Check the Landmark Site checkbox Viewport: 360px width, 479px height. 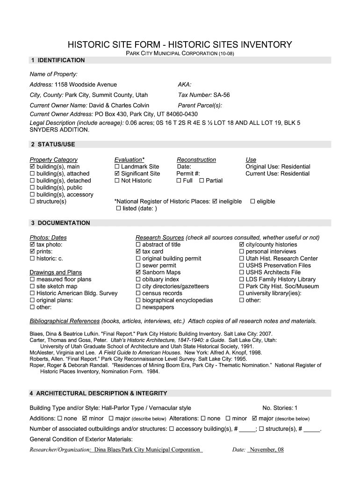(117, 167)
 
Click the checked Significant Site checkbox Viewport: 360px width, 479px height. (117, 174)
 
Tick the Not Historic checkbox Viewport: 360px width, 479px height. (117, 181)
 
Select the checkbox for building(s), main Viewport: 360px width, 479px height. (32, 167)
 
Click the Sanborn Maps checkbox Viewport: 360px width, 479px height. (138, 272)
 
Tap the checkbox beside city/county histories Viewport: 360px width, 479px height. (242, 244)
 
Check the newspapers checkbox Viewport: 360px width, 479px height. (138, 307)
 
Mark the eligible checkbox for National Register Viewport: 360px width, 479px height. (252, 201)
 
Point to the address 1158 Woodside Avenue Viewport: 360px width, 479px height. (86, 85)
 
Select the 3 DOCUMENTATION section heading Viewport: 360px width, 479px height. (60, 223)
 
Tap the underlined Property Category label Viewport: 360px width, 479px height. (53, 160)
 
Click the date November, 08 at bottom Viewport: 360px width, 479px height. (266, 450)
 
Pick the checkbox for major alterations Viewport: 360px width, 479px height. (255, 418)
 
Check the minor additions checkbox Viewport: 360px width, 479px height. (85, 418)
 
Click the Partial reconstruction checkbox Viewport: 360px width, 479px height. (202, 181)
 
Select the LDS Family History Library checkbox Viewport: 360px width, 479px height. (242, 279)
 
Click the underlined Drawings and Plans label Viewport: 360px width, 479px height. (56, 272)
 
